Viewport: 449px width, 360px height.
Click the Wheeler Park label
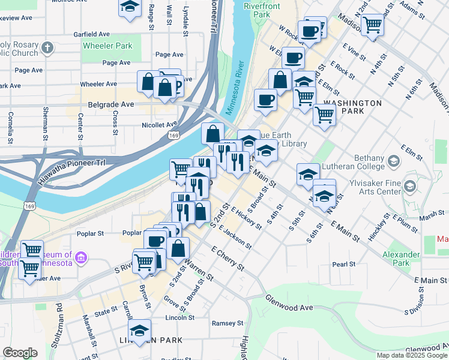pos(107,46)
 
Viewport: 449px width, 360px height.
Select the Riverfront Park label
pos(262,10)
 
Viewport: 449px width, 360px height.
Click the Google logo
pos(20,352)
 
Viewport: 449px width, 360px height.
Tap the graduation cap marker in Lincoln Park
pos(139,331)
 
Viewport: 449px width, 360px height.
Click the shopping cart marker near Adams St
pos(372,25)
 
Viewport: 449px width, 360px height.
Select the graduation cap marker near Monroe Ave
pos(129,8)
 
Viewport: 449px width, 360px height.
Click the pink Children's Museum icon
pos(82,259)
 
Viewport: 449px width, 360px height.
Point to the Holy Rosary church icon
pos(49,46)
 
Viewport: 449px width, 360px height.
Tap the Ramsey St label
pos(223,323)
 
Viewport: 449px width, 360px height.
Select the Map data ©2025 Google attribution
pos(411,355)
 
